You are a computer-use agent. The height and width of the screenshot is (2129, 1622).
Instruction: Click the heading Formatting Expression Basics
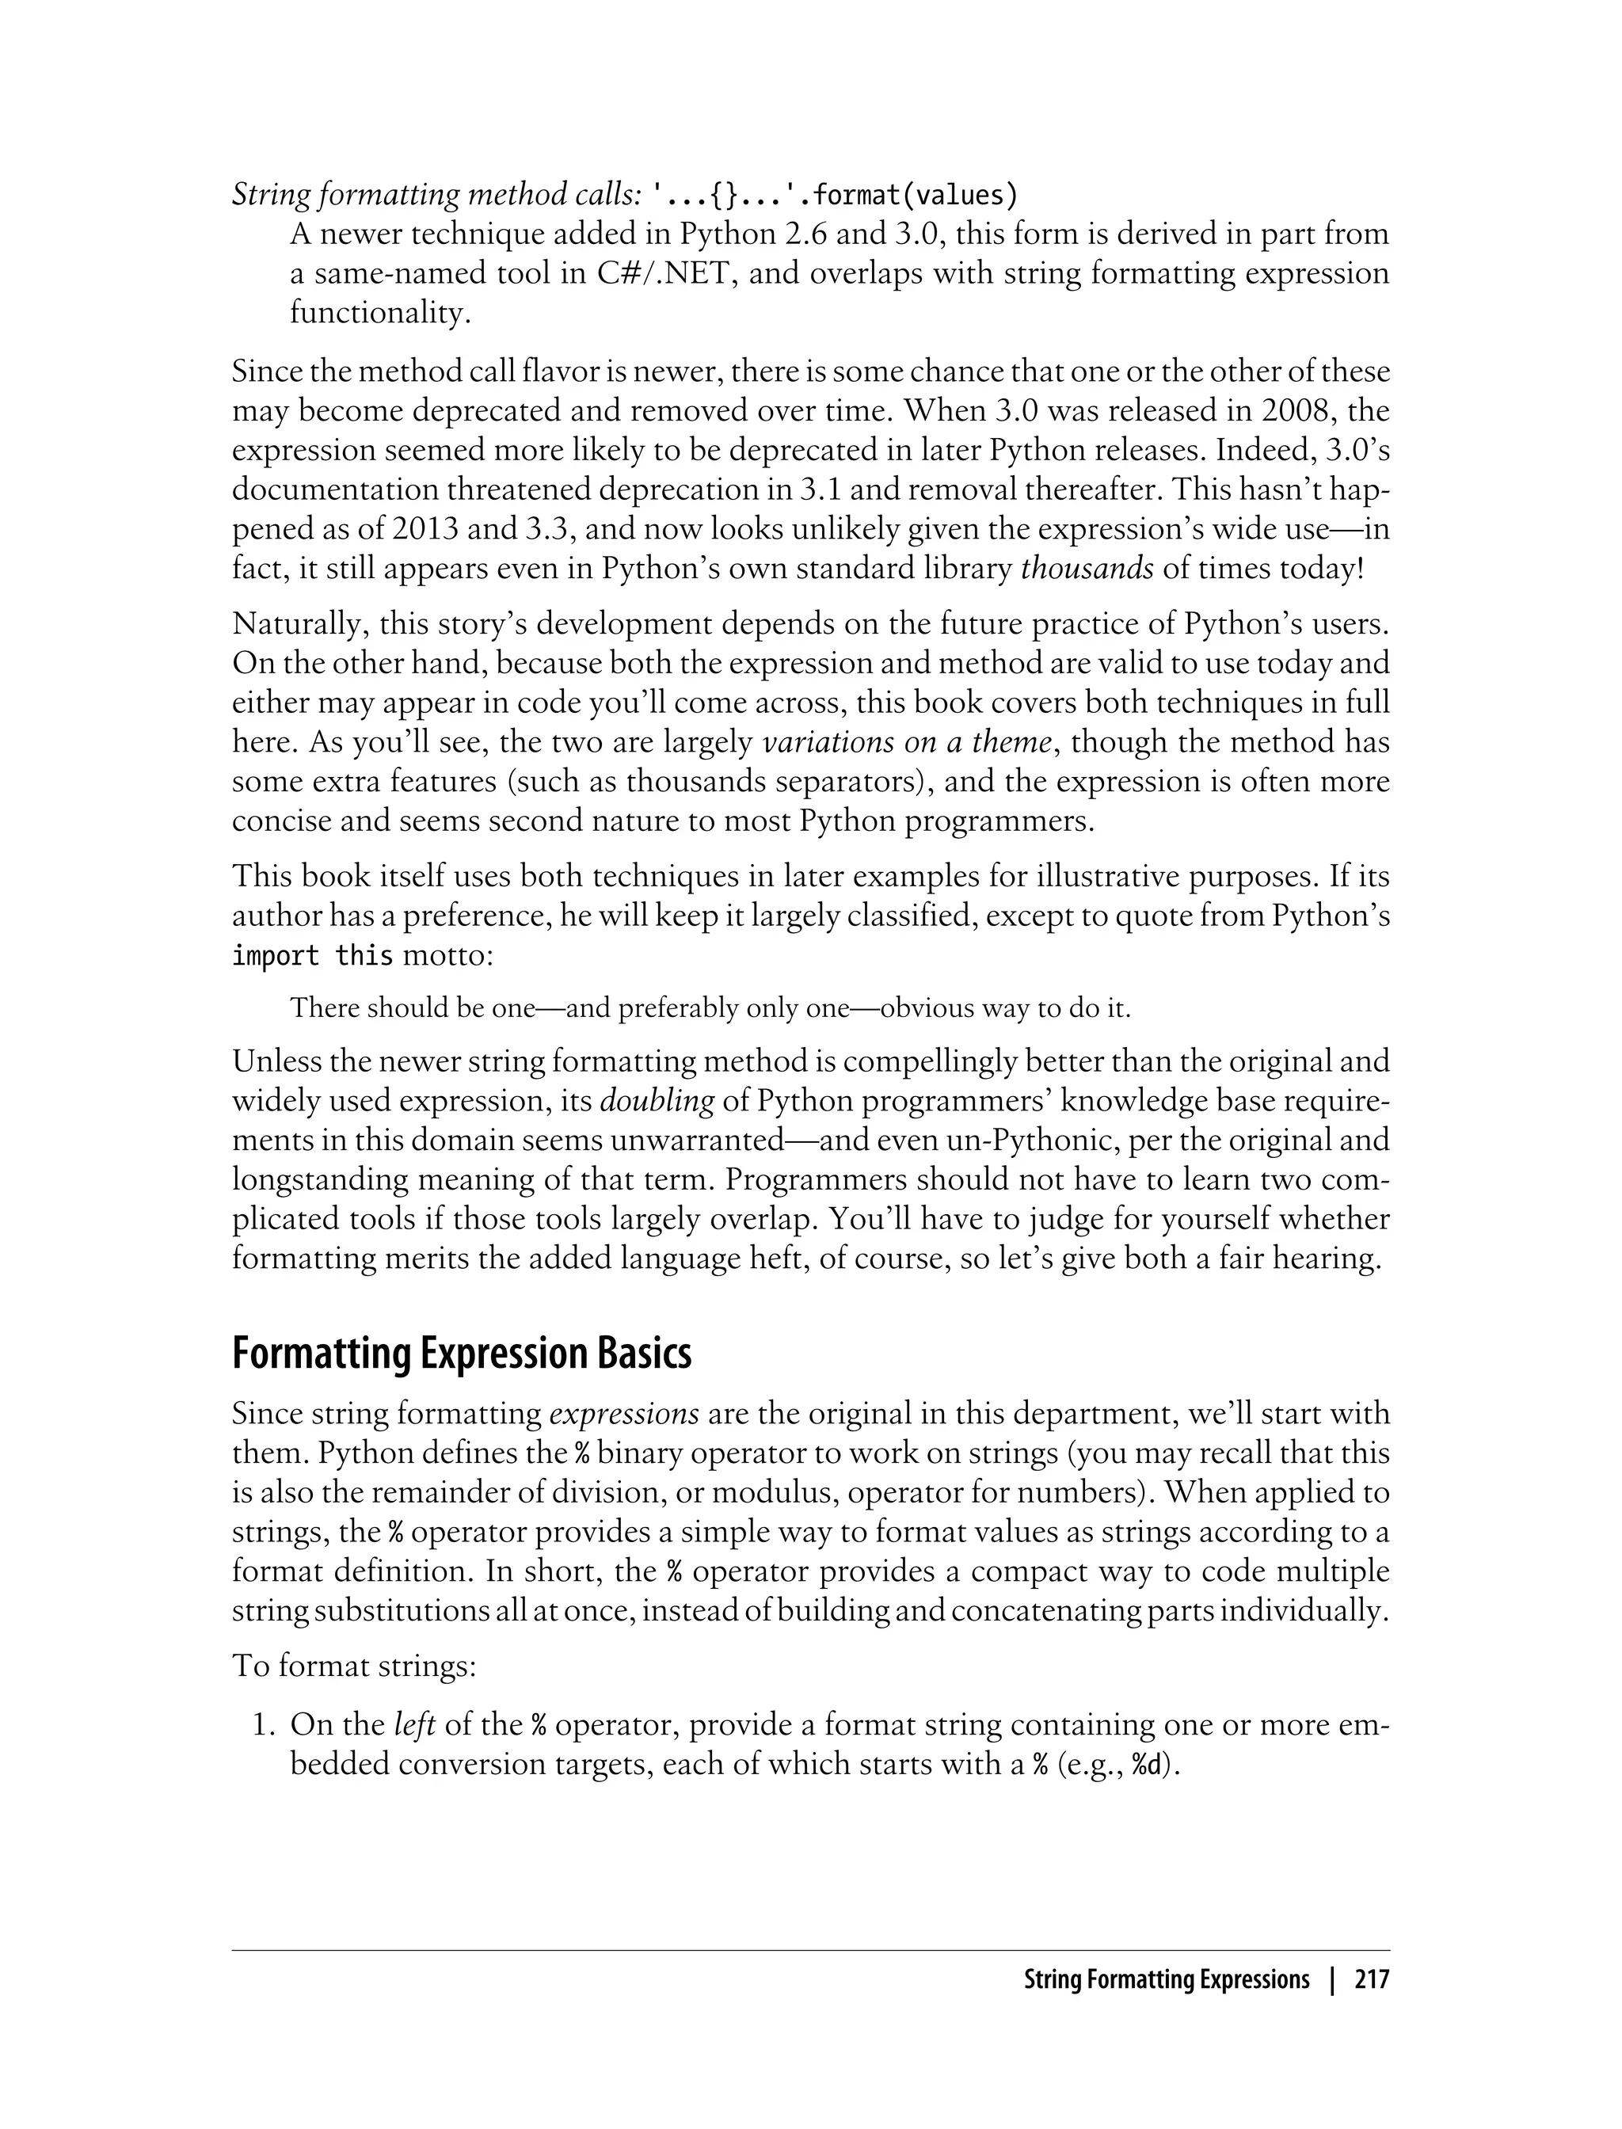click(462, 1354)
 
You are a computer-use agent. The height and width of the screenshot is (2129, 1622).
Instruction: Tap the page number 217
click(1371, 1980)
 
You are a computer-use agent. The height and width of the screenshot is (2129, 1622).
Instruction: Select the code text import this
click(312, 957)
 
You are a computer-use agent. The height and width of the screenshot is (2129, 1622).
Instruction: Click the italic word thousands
click(1086, 569)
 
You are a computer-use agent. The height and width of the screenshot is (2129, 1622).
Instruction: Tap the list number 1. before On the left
click(264, 1725)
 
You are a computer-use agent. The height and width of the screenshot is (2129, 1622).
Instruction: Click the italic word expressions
click(624, 1415)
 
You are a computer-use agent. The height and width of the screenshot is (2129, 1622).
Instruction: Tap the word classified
click(916, 916)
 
